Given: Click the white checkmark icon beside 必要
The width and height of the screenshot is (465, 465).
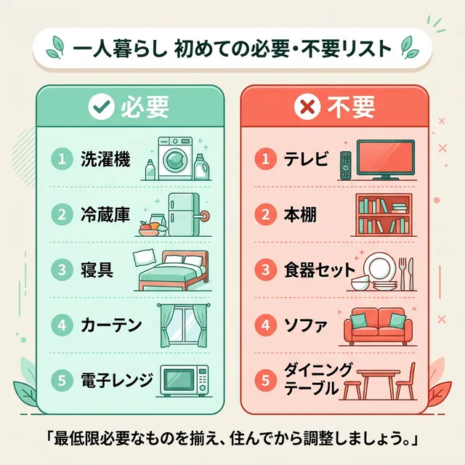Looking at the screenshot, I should (x=97, y=108).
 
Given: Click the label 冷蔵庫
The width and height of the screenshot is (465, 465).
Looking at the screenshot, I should (x=106, y=214).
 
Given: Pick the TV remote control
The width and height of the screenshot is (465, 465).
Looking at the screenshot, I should (x=346, y=166).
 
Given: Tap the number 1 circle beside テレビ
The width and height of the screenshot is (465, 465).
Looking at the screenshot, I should (x=267, y=158).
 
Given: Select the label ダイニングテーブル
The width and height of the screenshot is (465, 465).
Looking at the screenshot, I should (x=310, y=379).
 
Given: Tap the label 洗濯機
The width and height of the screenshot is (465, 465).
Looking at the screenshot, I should (x=106, y=158).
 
